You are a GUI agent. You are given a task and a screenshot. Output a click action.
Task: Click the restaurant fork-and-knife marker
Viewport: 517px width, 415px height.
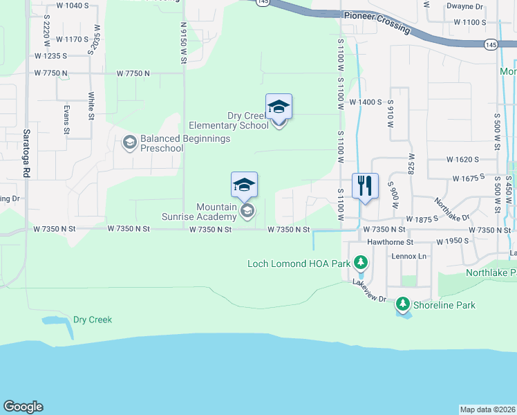point(365,186)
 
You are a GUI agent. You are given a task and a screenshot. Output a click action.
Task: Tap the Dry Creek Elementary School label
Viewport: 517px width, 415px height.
point(229,121)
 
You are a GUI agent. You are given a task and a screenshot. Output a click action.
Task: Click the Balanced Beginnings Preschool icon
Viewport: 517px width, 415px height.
point(129,143)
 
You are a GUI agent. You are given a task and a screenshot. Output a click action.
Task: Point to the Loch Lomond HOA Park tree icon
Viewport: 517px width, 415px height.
point(360,263)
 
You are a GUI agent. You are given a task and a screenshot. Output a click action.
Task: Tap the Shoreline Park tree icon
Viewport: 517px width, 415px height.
point(402,304)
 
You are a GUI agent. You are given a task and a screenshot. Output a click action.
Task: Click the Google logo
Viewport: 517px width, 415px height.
point(23,407)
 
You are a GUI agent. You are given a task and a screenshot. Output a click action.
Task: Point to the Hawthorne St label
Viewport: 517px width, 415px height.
point(390,242)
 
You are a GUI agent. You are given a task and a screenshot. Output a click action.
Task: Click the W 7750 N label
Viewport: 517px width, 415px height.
point(133,73)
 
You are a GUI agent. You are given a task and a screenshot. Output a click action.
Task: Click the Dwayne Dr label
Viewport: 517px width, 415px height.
point(483,6)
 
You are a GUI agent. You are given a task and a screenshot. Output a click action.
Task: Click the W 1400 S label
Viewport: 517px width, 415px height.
point(366,102)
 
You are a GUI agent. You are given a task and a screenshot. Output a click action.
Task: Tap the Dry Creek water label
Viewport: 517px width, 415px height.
point(93,320)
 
